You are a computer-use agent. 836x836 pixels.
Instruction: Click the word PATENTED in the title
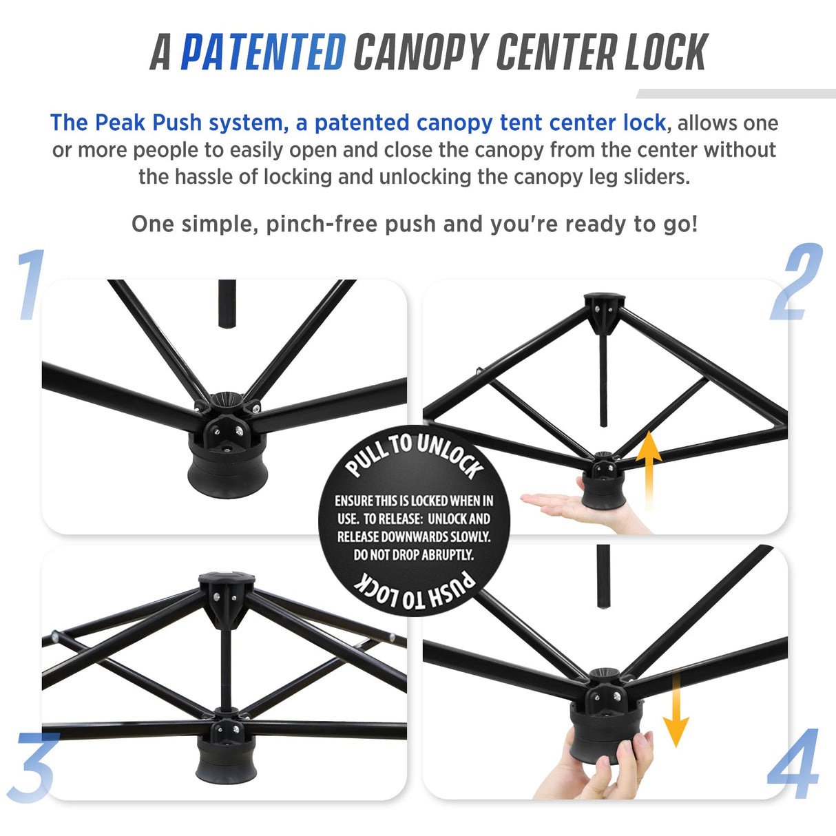coord(262,52)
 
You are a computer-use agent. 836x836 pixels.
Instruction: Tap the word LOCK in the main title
coord(666,52)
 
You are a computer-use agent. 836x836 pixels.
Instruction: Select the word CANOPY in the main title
coord(420,52)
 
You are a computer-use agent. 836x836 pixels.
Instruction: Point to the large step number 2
coord(797,282)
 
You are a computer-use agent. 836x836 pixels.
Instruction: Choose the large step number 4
coord(794,764)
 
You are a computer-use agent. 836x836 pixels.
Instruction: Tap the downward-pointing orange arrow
coord(676,709)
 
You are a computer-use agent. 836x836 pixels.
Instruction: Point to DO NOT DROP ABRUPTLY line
coord(414,555)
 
